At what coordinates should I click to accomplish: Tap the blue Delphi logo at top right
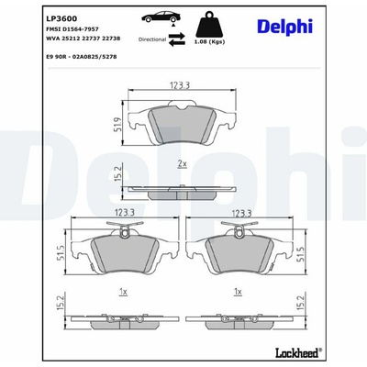[285, 27]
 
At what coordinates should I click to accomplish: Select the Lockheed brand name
[298, 353]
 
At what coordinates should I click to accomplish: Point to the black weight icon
[209, 25]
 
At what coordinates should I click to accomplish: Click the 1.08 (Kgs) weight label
[209, 42]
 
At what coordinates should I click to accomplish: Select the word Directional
[152, 39]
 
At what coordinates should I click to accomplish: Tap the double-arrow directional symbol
[177, 39]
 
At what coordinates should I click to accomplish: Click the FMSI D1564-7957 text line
[72, 29]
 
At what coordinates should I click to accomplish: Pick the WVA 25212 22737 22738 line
[83, 39]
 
